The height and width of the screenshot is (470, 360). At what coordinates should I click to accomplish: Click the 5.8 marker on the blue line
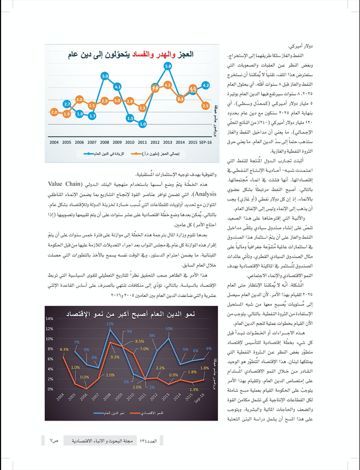(168, 66)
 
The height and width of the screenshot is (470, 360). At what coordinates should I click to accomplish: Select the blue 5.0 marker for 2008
(105, 75)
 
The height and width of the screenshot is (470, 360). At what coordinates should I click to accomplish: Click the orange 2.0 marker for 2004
(54, 112)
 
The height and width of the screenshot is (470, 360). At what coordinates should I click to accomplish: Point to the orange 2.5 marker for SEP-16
(206, 105)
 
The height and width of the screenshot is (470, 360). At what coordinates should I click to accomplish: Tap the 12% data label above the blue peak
(110, 324)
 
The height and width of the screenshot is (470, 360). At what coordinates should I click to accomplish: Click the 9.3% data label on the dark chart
(115, 357)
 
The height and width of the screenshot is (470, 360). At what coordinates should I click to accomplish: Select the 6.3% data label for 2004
(64, 349)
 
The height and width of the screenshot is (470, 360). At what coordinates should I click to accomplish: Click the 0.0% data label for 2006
(85, 377)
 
